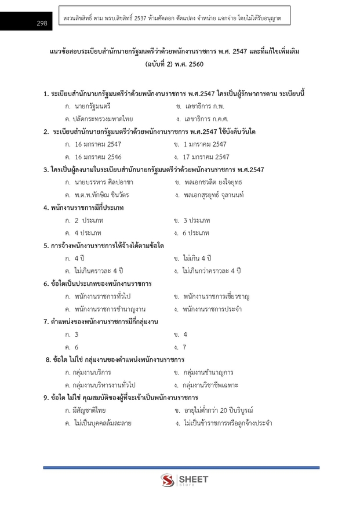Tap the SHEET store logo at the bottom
pos(184,481)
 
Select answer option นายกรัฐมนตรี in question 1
pos(93,107)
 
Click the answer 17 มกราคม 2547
pos(206,157)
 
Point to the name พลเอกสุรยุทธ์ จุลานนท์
pos(213,195)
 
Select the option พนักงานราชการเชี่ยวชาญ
pos(216,296)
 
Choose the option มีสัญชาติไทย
pos(89,410)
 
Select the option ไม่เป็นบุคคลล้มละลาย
pos(102,423)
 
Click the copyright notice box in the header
pos(174,19)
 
